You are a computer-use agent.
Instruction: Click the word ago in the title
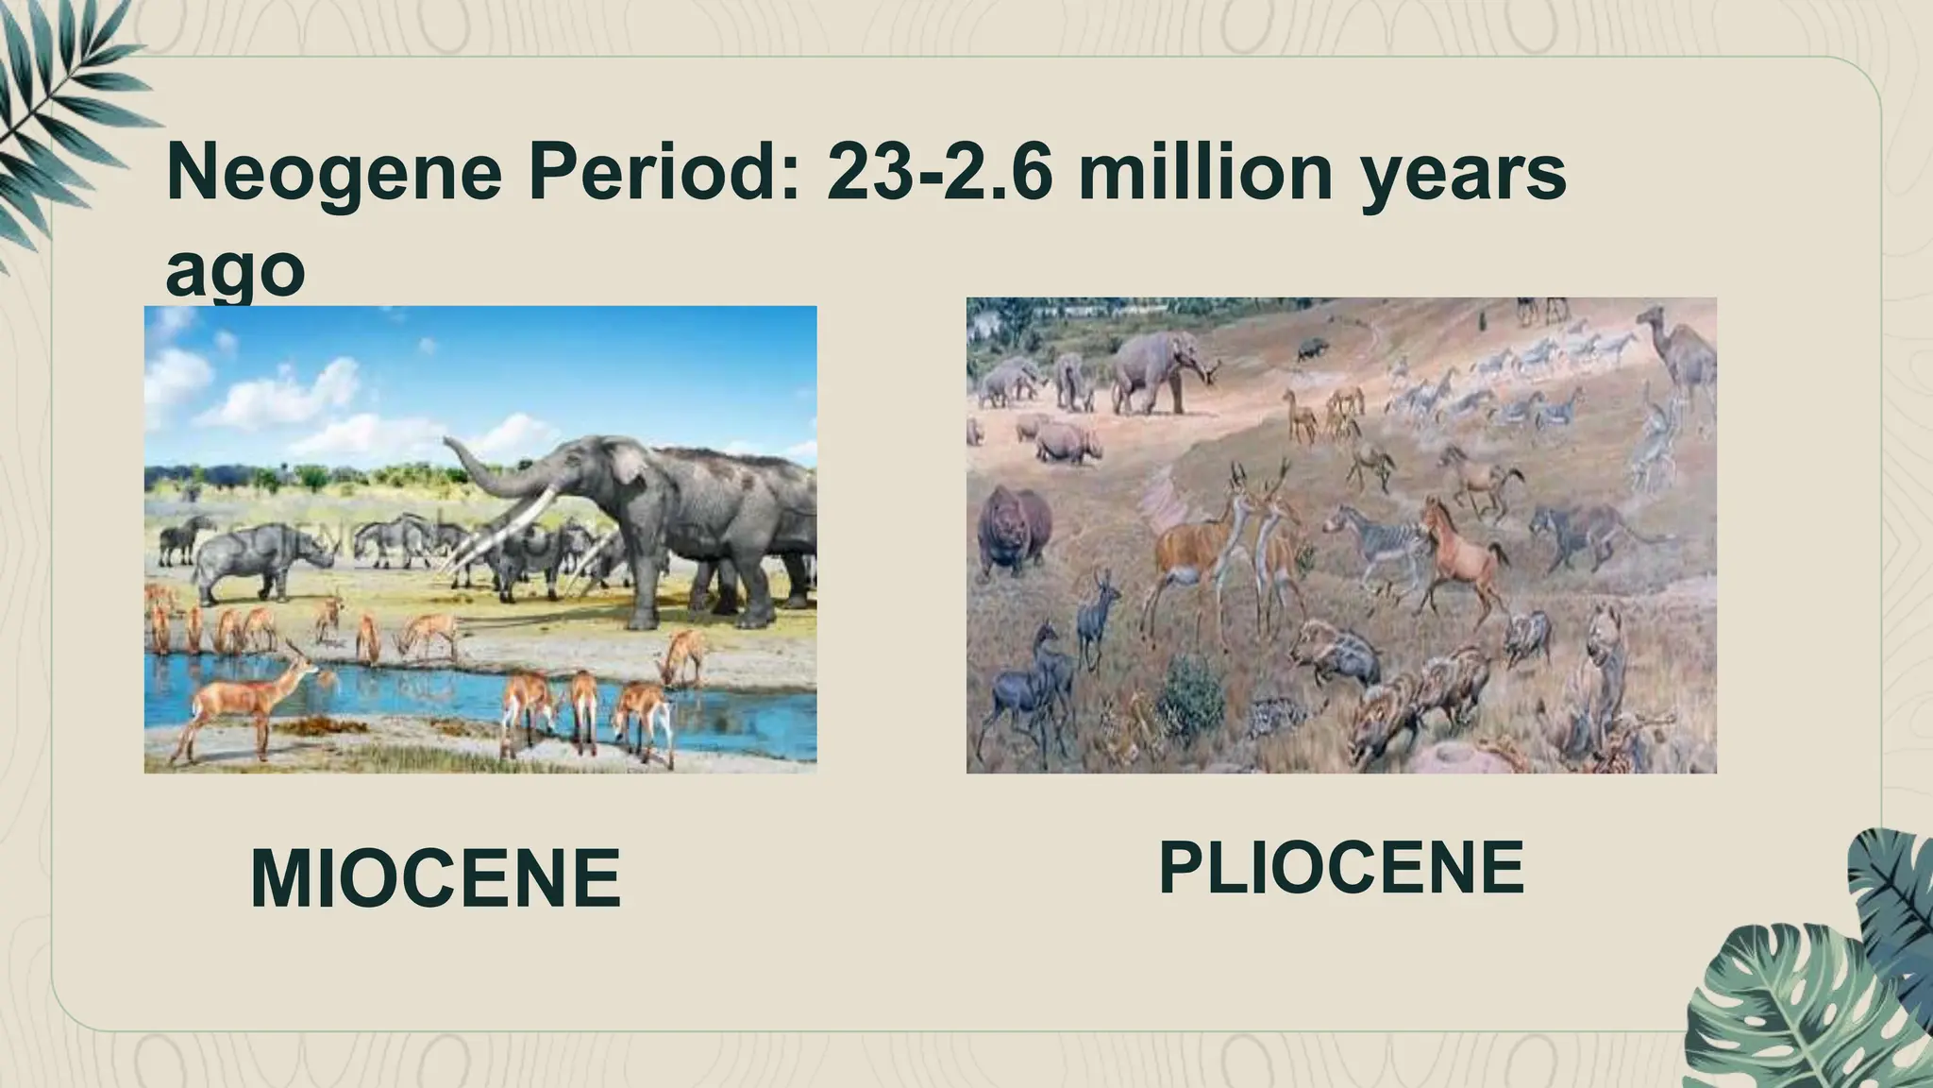tap(235, 271)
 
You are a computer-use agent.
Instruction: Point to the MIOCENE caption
tap(435, 879)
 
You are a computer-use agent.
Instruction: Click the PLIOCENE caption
tap(1340, 868)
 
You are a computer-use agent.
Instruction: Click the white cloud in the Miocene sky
tap(302, 397)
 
